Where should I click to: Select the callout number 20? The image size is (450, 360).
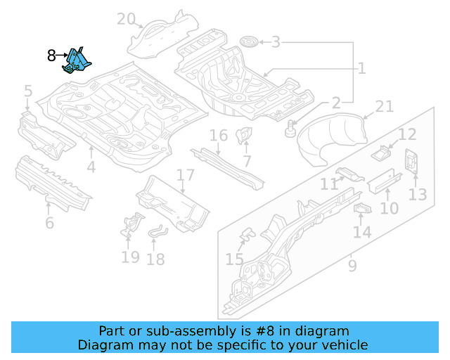(x=126, y=19)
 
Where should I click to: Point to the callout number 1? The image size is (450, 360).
(x=361, y=68)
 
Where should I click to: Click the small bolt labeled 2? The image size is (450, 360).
(x=290, y=129)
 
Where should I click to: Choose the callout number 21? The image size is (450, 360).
(x=384, y=106)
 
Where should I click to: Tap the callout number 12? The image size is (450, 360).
(x=408, y=134)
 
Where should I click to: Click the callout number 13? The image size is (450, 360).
(x=418, y=193)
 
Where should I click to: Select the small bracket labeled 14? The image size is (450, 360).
(x=362, y=209)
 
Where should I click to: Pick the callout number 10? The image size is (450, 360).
(x=389, y=208)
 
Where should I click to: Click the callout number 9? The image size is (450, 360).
(x=352, y=266)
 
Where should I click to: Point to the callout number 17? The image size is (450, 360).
(x=185, y=175)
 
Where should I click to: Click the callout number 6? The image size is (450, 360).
(x=49, y=223)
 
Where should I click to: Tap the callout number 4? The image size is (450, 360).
(x=91, y=167)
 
